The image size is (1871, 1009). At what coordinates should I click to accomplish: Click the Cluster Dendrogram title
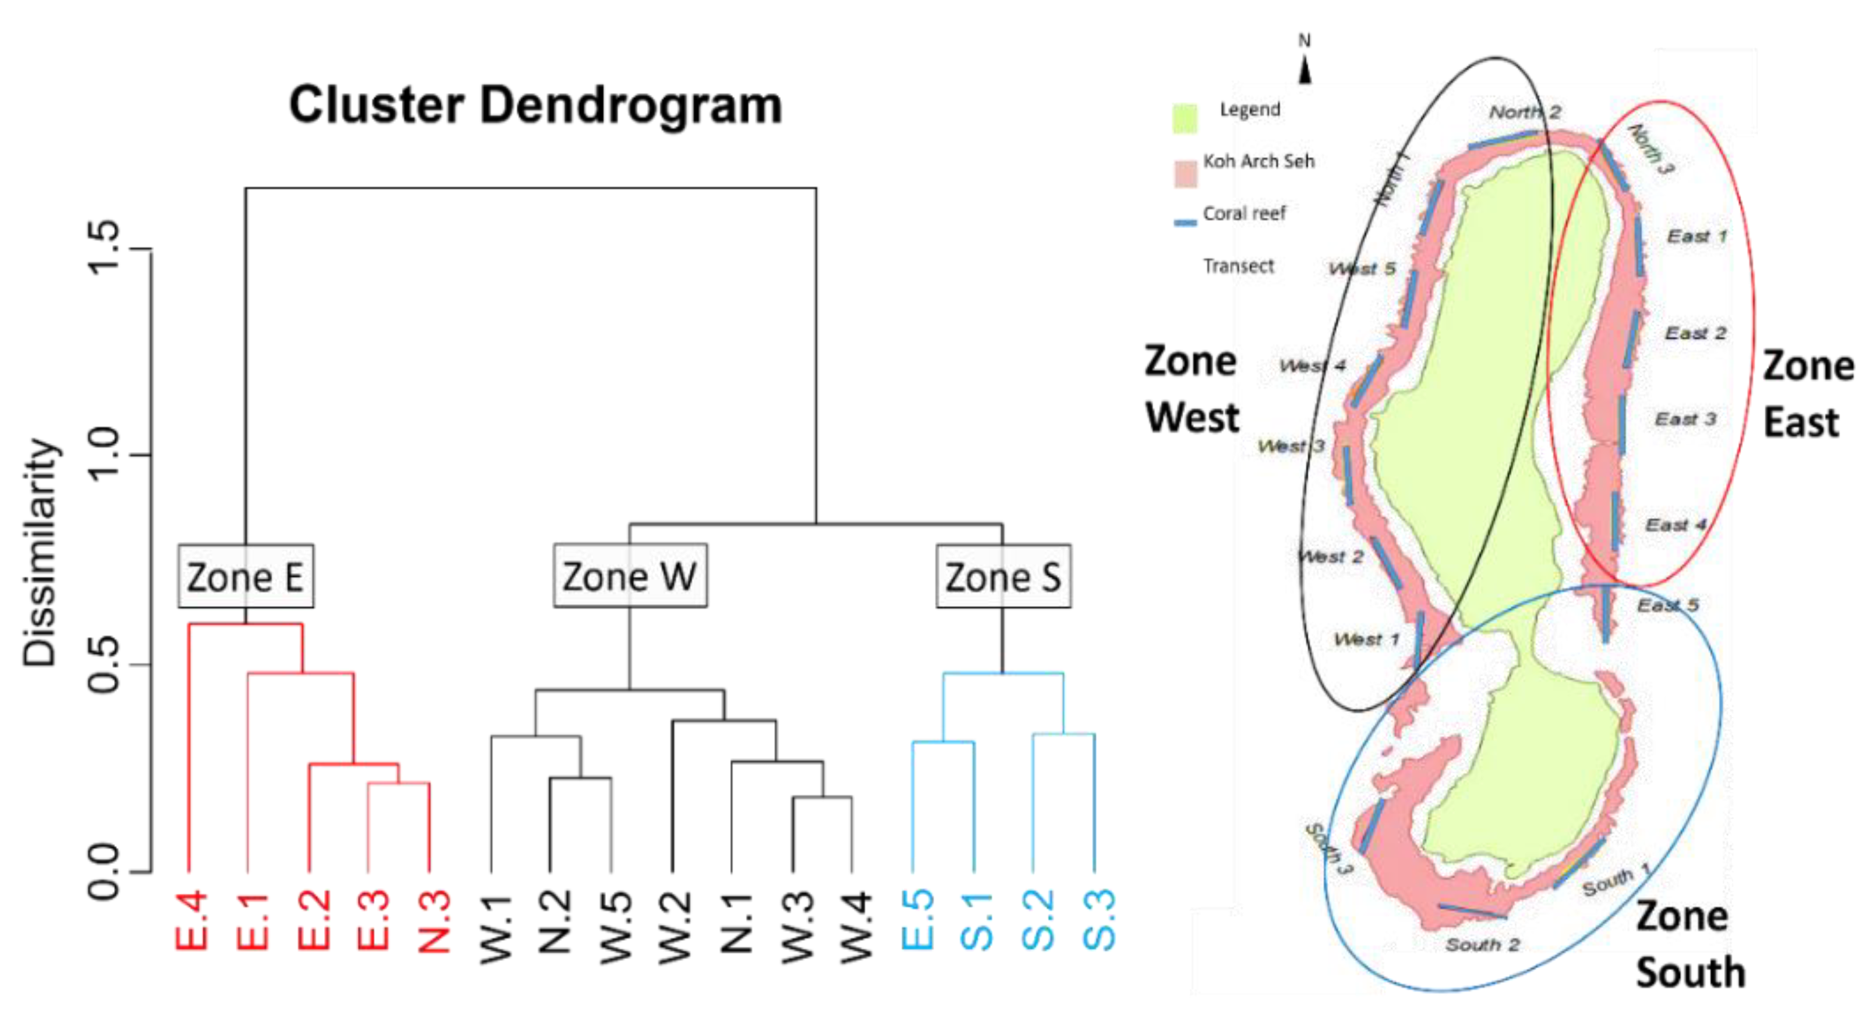click(536, 104)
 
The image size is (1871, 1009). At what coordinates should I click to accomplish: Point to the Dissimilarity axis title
click(40, 553)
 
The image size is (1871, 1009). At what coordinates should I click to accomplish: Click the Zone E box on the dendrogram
click(245, 576)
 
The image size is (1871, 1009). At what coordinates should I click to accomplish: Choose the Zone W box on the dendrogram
click(630, 576)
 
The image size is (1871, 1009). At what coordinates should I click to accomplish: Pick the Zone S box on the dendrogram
click(1003, 576)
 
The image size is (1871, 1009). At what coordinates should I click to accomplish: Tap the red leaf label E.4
click(191, 921)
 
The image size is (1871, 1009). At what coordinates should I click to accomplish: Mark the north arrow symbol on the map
click(1305, 71)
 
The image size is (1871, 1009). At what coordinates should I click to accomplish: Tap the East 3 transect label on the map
click(1685, 419)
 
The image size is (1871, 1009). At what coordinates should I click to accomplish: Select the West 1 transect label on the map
click(1366, 639)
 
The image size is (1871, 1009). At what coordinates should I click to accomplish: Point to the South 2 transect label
click(1482, 945)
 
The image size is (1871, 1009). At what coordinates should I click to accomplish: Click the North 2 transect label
click(1525, 112)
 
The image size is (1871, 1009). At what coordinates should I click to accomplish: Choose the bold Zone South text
click(1690, 945)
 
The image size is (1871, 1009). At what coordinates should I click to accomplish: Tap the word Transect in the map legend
click(1238, 266)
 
